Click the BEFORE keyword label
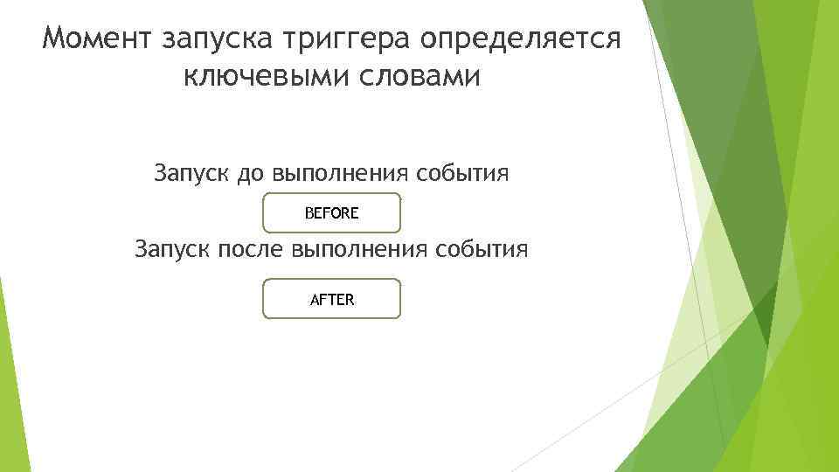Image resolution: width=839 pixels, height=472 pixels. click(x=332, y=212)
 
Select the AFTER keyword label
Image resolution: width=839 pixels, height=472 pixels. click(x=332, y=299)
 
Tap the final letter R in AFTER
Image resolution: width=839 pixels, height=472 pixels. click(x=350, y=299)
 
